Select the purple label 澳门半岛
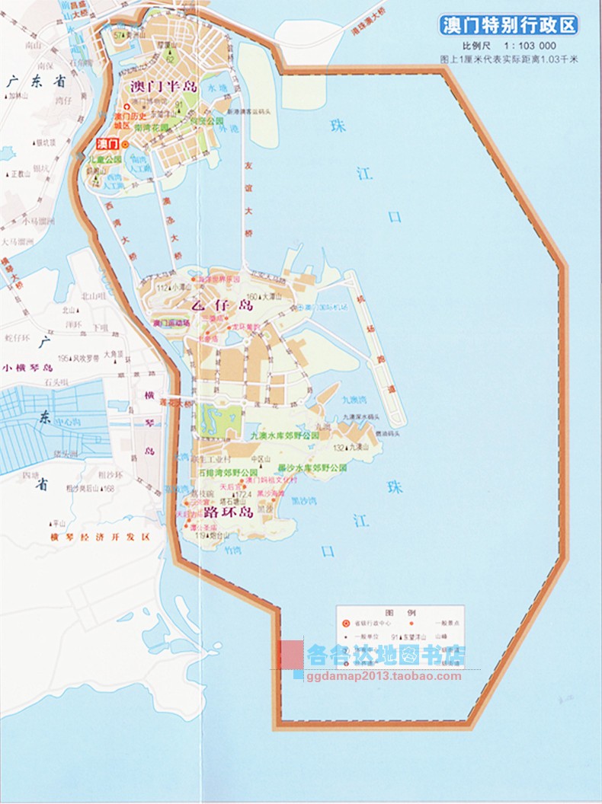(x=164, y=86)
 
